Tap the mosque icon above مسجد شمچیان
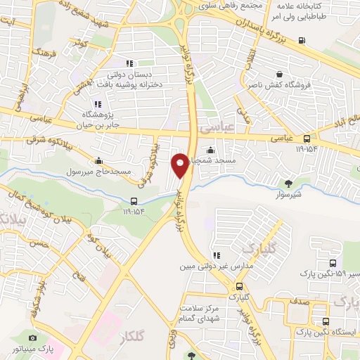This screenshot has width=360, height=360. pyautogui.click(x=211, y=149)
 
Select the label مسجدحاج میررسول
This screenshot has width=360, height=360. pyautogui.click(x=75, y=172)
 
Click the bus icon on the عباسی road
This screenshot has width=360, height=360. pyautogui.click(x=307, y=139)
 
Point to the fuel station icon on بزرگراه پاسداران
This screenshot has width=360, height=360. pyautogui.click(x=302, y=39)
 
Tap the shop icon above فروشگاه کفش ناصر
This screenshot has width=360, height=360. pyautogui.click(x=280, y=73)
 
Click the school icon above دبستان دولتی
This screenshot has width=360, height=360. pyautogui.click(x=129, y=63)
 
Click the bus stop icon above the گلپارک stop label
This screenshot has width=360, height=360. pyautogui.click(x=239, y=286)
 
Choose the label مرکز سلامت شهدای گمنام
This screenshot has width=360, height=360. pyautogui.click(x=219, y=314)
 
